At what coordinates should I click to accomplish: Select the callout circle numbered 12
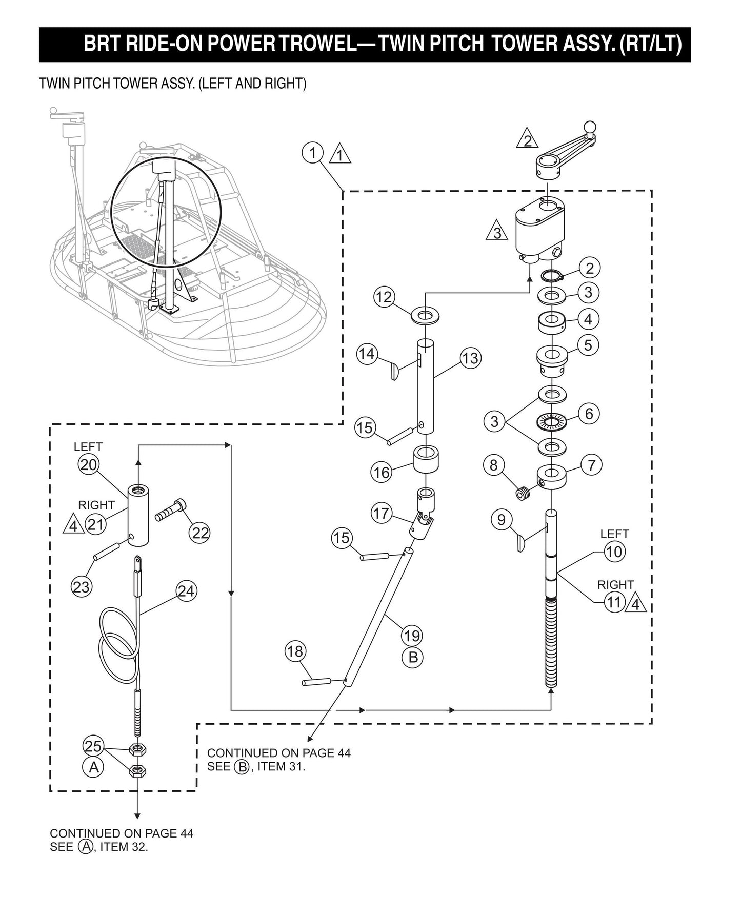pos(384,297)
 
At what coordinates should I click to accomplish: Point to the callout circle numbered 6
pos(589,413)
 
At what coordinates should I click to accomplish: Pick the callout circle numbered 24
pos(186,591)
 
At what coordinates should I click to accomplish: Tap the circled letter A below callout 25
pos(93,767)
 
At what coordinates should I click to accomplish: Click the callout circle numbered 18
pos(295,651)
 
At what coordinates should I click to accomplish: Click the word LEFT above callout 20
pos(88,447)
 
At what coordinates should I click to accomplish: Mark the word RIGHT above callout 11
pos(615,584)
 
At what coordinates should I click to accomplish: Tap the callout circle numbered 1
pos(312,152)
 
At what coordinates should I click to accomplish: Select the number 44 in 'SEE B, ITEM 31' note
pos(343,753)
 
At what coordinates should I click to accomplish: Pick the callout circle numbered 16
pos(381,472)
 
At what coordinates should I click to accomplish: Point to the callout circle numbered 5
pos(588,345)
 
